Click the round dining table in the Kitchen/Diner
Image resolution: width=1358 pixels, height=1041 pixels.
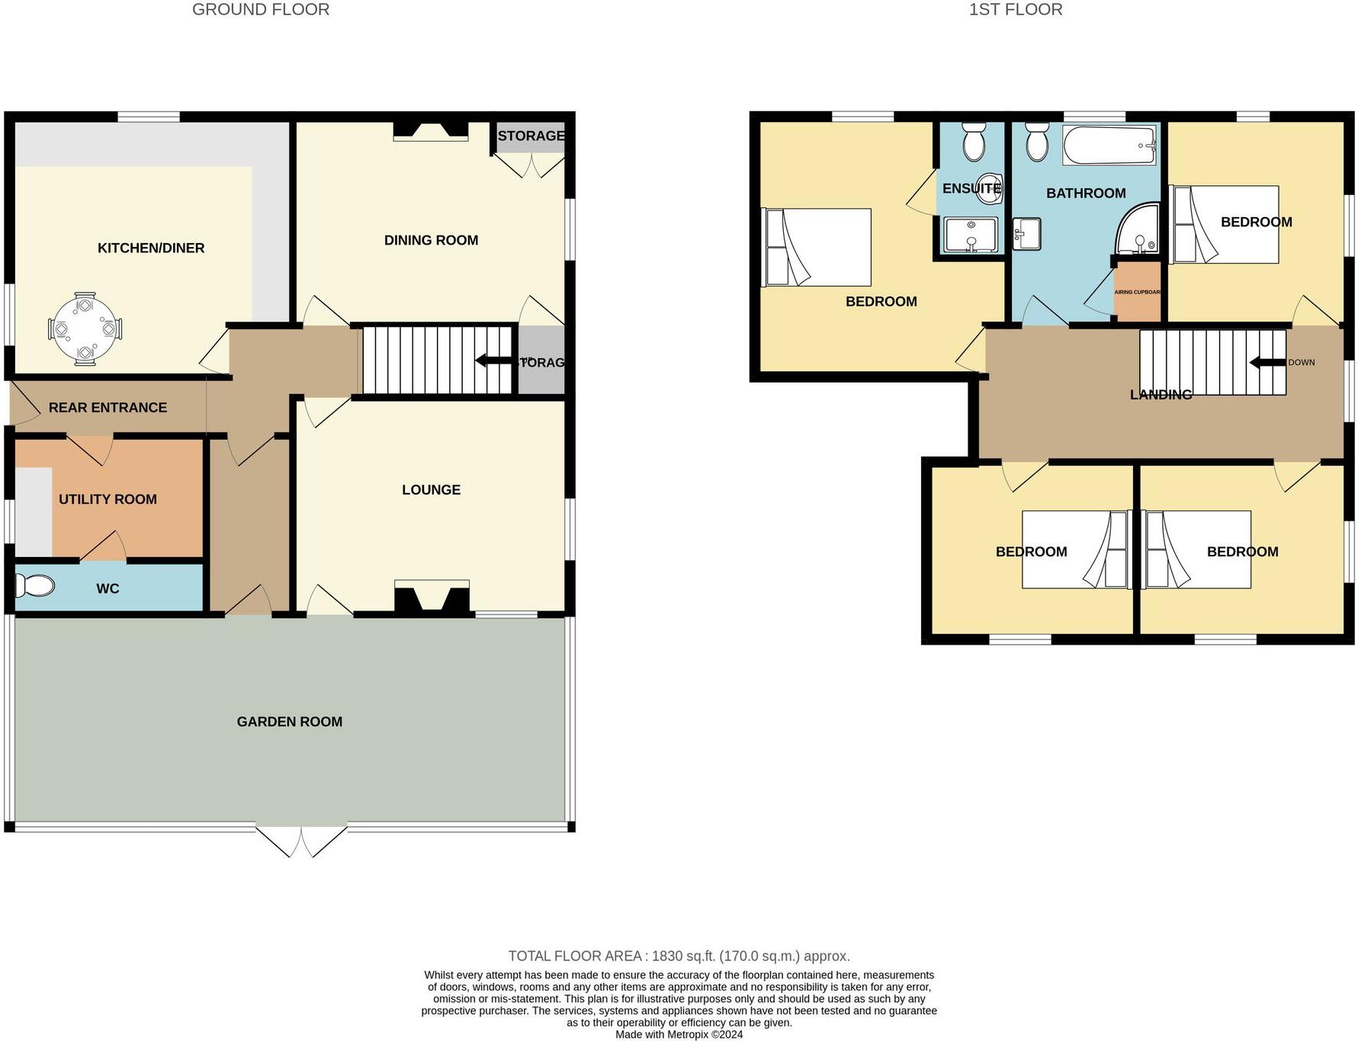tap(85, 329)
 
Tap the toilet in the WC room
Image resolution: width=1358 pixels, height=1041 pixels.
tap(35, 586)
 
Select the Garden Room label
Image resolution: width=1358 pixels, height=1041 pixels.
tap(289, 722)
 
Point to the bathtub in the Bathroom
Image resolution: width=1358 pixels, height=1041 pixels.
tap(1109, 145)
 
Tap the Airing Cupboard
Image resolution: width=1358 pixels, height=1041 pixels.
tap(1137, 293)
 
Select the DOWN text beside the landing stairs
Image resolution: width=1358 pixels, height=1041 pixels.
tap(1301, 363)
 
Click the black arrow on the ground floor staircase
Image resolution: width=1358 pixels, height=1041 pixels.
tap(493, 360)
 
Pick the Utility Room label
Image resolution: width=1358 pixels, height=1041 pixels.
tap(108, 499)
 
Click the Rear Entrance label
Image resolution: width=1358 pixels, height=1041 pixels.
tap(108, 408)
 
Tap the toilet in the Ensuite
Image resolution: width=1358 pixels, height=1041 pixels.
tap(973, 142)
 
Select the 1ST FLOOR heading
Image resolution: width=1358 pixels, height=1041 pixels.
tap(1015, 10)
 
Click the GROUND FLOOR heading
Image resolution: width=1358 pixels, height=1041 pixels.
tap(261, 10)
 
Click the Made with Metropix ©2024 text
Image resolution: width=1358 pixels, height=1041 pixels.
tap(679, 1034)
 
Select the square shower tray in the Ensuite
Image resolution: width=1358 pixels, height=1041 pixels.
tap(971, 235)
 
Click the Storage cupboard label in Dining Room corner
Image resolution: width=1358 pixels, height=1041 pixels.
tap(531, 136)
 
